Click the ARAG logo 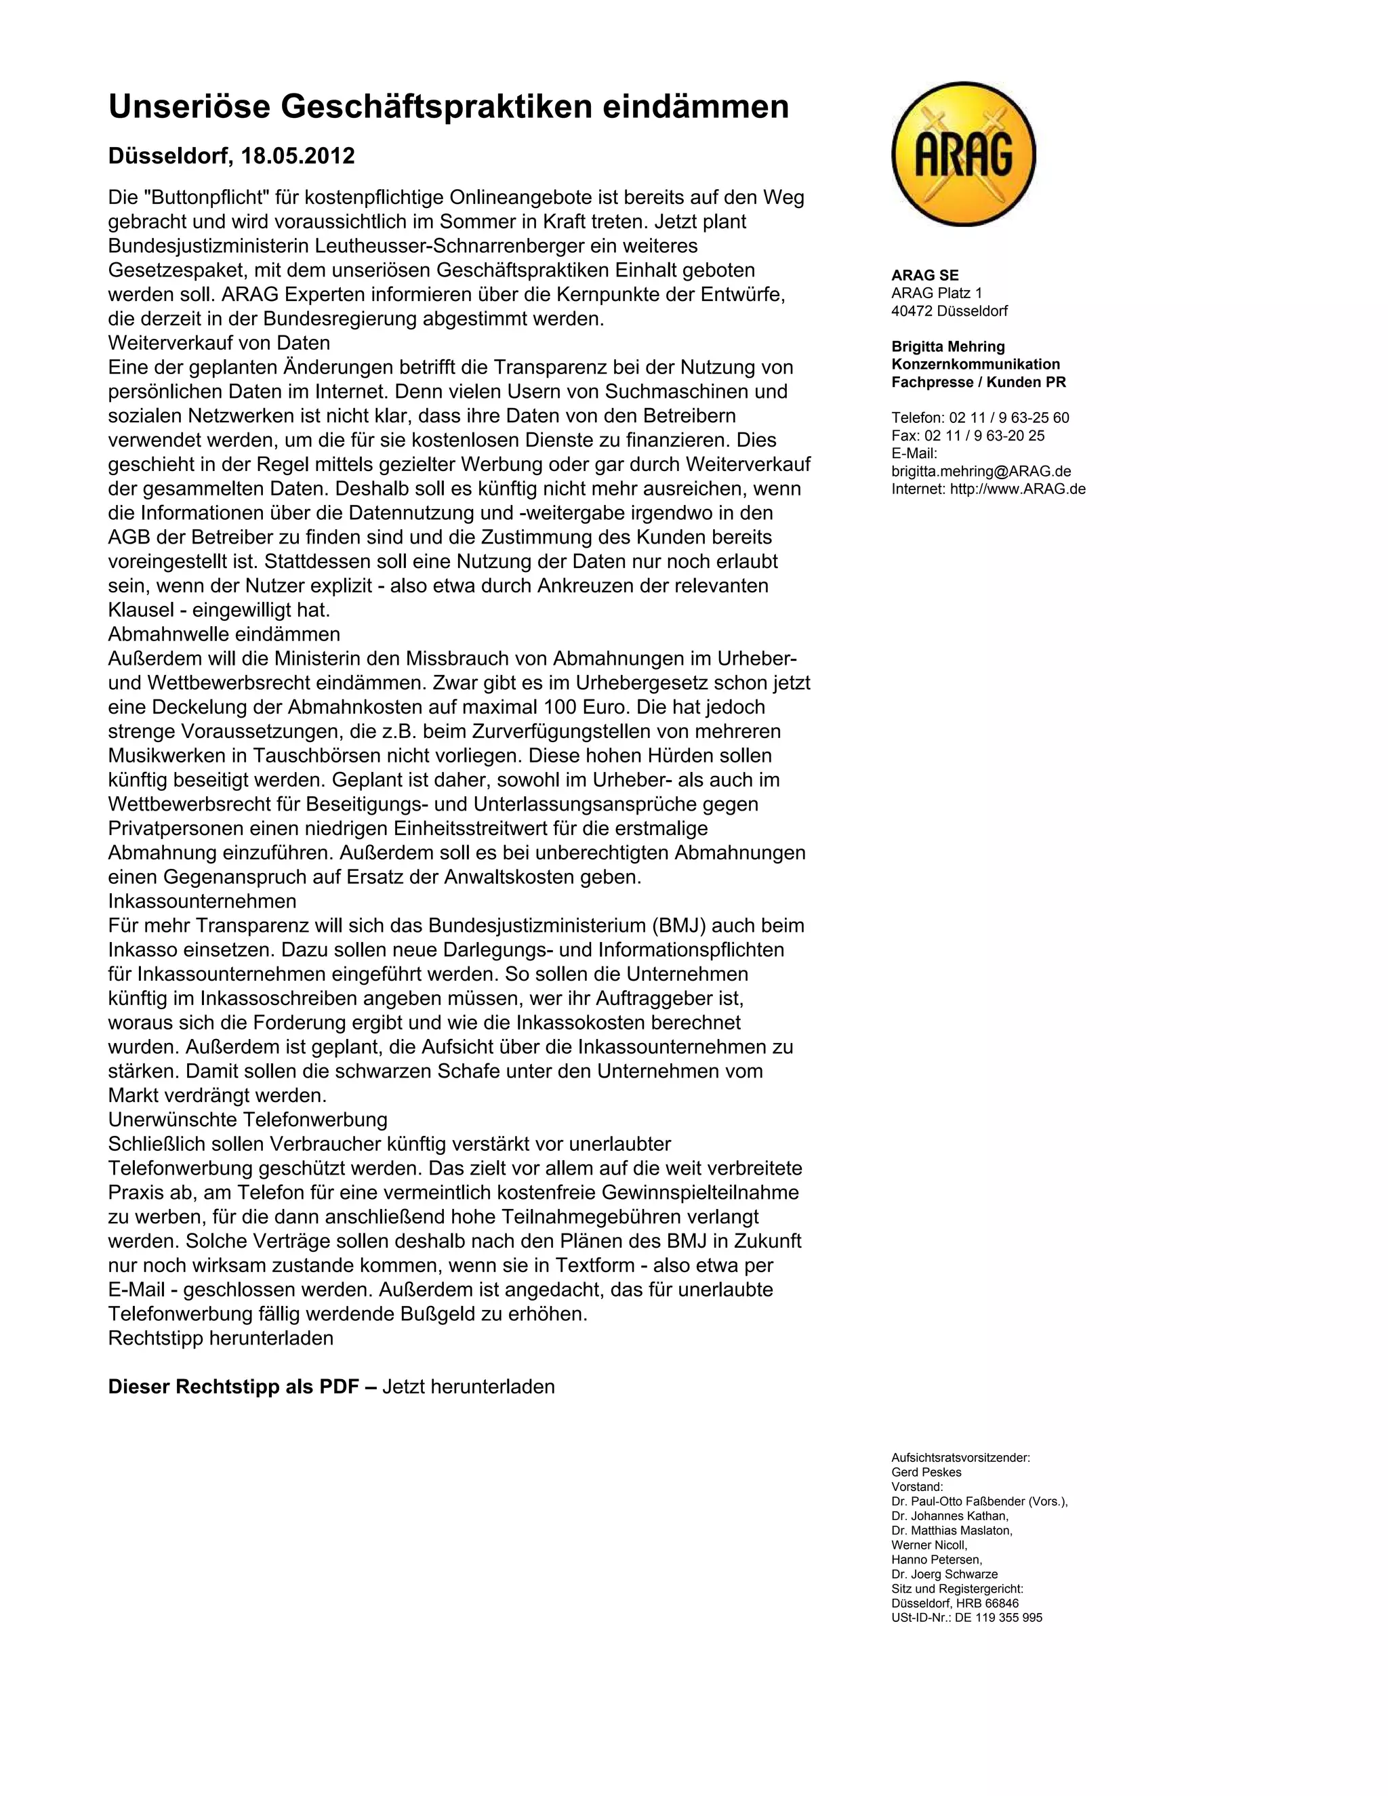coord(963,154)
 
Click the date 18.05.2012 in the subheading coord(298,157)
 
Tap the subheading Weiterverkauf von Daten coord(219,343)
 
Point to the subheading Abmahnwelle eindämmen coord(224,634)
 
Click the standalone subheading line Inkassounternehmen coord(201,901)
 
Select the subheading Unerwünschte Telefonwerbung coord(247,1119)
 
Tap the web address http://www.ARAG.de coord(1017,489)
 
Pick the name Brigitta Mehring coord(947,346)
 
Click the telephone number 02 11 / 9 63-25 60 coord(1009,417)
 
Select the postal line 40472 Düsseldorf coord(949,311)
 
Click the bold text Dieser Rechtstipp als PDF coord(234,1387)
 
